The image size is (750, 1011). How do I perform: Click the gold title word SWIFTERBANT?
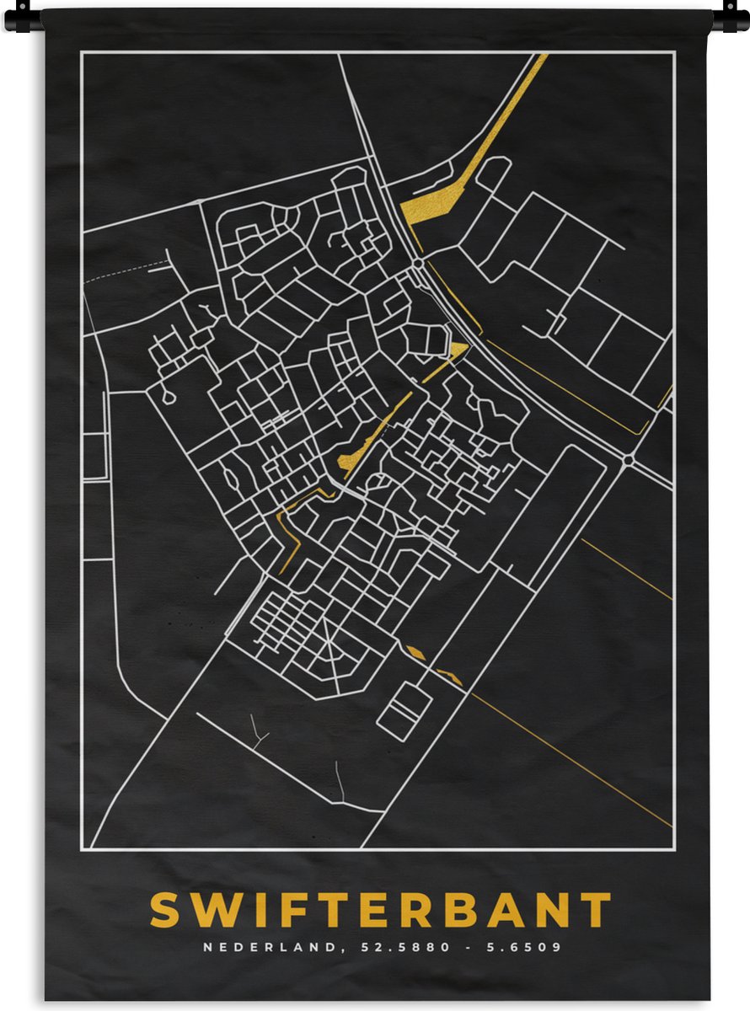pyautogui.click(x=380, y=910)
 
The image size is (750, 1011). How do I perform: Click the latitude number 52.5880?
pyautogui.click(x=396, y=947)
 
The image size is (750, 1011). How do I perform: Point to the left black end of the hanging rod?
pyautogui.click(x=22, y=19)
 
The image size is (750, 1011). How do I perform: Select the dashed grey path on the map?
pyautogui.click(x=126, y=272)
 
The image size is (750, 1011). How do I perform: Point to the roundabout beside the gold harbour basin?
pyautogui.click(x=418, y=264)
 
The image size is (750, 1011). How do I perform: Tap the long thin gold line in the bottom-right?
pyautogui.click(x=573, y=758)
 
